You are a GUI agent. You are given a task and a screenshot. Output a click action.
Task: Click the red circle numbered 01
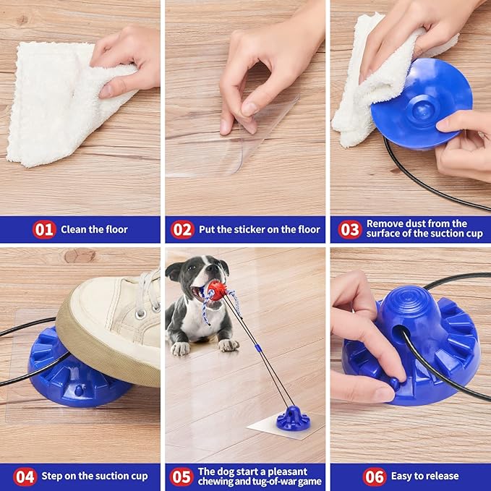(x=44, y=230)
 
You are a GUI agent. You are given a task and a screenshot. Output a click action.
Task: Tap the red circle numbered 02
(x=182, y=230)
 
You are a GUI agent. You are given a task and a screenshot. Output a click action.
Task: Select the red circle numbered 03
(x=349, y=229)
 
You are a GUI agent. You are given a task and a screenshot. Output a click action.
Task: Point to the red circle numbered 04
(x=25, y=477)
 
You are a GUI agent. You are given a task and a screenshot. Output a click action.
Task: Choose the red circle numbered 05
(x=181, y=477)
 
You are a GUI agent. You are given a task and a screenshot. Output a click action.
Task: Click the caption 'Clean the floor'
(x=94, y=230)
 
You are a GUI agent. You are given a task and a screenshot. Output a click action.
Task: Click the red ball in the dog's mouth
(x=216, y=291)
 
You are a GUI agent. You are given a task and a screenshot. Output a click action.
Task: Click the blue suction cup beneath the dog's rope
(x=293, y=418)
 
